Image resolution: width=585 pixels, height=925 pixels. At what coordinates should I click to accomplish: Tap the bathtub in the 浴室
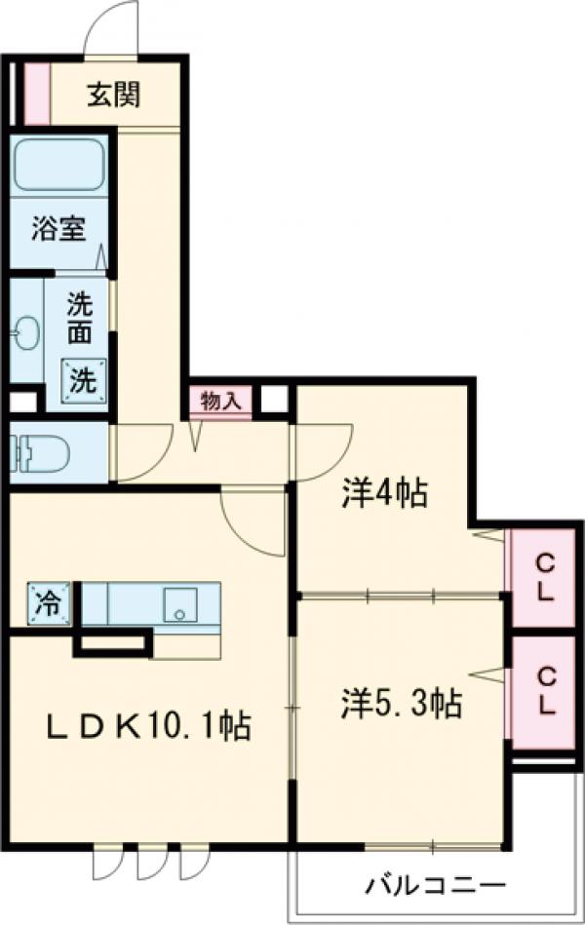tap(58, 167)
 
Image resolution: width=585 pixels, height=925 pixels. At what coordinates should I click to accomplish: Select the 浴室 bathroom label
tap(58, 230)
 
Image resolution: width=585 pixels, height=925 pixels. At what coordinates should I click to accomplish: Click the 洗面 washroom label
tap(80, 319)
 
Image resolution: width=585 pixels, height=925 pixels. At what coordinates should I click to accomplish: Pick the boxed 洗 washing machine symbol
tap(81, 379)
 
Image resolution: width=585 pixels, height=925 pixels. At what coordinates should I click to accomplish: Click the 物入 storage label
tap(220, 401)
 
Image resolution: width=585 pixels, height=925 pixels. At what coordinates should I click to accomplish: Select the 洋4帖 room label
tap(384, 494)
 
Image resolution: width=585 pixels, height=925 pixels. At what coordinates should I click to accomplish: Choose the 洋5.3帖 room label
tap(401, 701)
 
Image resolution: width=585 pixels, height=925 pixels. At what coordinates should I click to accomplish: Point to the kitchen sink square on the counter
tap(180, 603)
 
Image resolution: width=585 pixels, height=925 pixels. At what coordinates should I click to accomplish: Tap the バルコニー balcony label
tap(436, 886)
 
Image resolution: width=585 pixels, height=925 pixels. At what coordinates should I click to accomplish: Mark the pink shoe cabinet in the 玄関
tap(36, 94)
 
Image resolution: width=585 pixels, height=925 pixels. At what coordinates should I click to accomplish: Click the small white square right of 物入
tap(274, 400)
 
